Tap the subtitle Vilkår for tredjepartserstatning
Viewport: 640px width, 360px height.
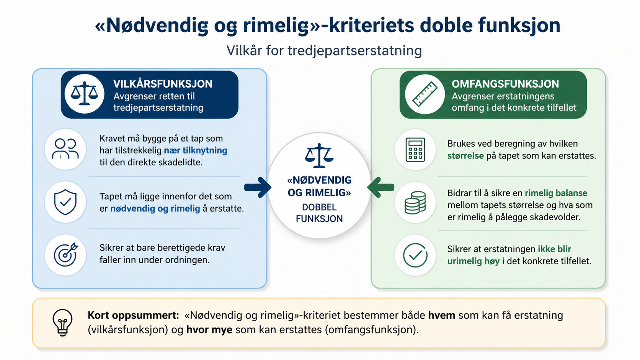pyautogui.click(x=324, y=51)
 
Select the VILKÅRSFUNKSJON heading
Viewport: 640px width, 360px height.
pyautogui.click(x=163, y=84)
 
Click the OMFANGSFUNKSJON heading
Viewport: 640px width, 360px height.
pyautogui.click(x=505, y=84)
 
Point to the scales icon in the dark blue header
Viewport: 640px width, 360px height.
pyautogui.click(x=84, y=94)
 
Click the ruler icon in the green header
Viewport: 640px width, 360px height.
pyautogui.click(x=425, y=94)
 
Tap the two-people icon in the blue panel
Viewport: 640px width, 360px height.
pyautogui.click(x=65, y=148)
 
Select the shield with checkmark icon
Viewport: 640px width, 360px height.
pyautogui.click(x=65, y=202)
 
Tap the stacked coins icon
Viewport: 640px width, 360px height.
pyautogui.click(x=415, y=203)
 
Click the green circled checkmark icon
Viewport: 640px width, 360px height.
pyautogui.click(x=415, y=255)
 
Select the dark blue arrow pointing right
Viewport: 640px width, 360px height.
pyautogui.click(x=258, y=187)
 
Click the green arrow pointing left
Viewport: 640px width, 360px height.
pyautogui.click(x=380, y=187)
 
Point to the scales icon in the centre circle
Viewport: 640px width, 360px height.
pyautogui.click(x=319, y=156)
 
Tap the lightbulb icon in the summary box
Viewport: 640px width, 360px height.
pyautogui.click(x=62, y=323)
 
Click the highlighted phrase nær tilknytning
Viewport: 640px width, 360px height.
pyautogui.click(x=196, y=150)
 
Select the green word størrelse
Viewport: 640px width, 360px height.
pyautogui.click(x=465, y=156)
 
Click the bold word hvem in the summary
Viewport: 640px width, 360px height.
pyautogui.click(x=441, y=315)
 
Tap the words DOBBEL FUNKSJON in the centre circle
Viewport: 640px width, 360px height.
pyautogui.click(x=319, y=213)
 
